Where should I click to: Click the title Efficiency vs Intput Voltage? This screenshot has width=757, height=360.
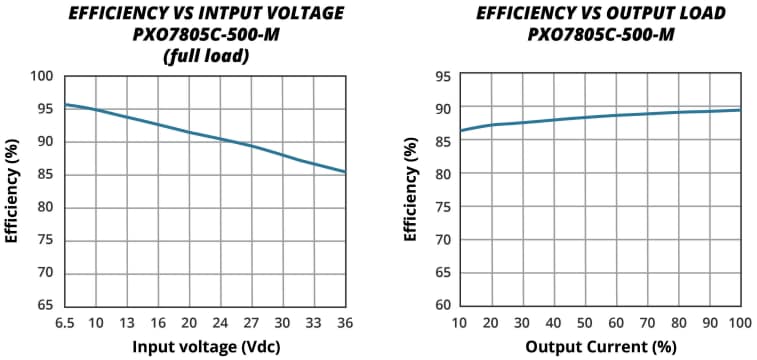pyautogui.click(x=205, y=14)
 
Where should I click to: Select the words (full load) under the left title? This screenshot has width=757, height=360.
pyautogui.click(x=205, y=56)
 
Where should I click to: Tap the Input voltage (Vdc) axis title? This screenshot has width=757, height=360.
pyautogui.click(x=205, y=347)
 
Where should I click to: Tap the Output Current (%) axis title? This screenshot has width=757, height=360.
pyautogui.click(x=598, y=347)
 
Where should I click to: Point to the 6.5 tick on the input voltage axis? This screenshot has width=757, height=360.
pyautogui.click(x=65, y=323)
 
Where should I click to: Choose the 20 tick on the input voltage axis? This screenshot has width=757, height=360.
pyautogui.click(x=189, y=323)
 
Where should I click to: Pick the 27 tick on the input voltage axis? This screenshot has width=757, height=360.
pyautogui.click(x=252, y=323)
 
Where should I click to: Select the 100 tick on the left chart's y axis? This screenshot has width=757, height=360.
pyautogui.click(x=40, y=76)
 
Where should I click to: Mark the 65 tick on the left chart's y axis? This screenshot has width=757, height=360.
pyautogui.click(x=44, y=305)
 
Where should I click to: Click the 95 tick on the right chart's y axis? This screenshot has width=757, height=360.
pyautogui.click(x=440, y=76)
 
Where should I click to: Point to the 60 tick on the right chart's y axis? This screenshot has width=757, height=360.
pyautogui.click(x=440, y=305)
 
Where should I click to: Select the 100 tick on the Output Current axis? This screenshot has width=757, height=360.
pyautogui.click(x=739, y=323)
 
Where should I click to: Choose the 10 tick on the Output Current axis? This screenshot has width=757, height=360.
pyautogui.click(x=459, y=323)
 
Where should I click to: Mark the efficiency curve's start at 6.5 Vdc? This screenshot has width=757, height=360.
pyautogui.click(x=65, y=104)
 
